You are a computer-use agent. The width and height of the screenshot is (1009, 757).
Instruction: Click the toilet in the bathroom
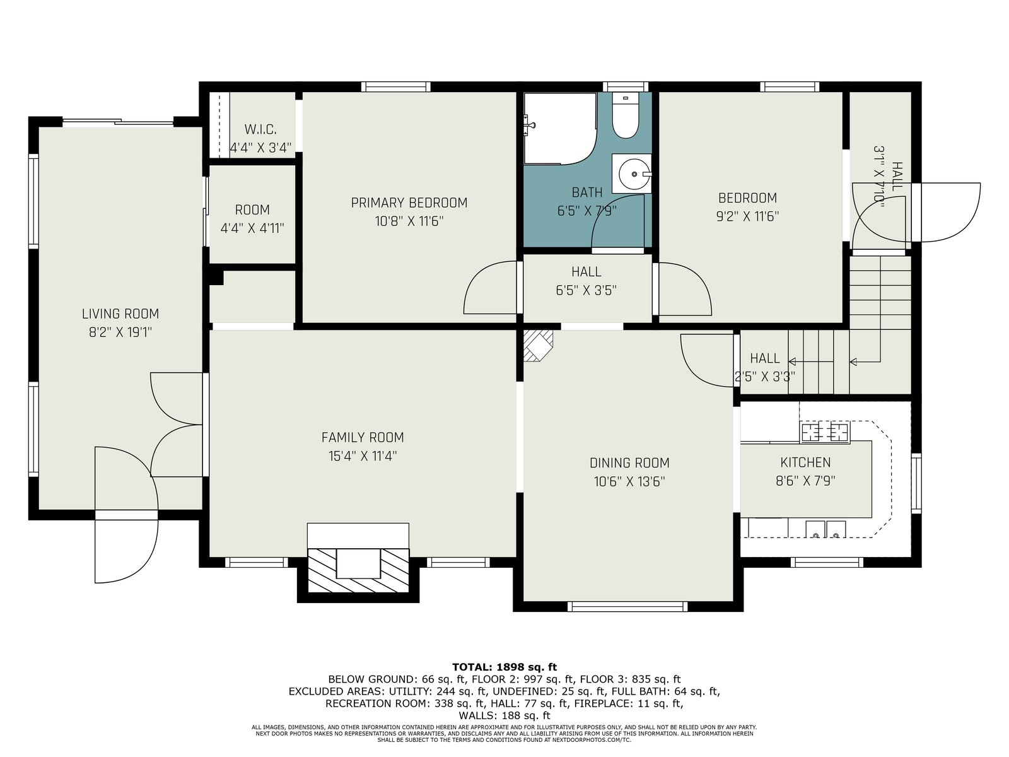[x=625, y=116]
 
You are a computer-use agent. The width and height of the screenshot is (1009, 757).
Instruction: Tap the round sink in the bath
[x=634, y=174]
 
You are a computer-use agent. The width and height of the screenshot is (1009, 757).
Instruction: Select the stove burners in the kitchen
[x=825, y=432]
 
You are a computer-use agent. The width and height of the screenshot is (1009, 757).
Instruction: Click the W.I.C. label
[x=260, y=129]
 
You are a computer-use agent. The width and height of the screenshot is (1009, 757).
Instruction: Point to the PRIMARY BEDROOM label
[x=409, y=202]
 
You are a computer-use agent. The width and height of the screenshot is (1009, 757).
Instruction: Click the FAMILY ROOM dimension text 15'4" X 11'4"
[x=363, y=456]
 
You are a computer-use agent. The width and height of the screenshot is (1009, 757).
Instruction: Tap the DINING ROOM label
[x=629, y=463]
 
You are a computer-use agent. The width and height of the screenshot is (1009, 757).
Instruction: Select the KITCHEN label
[x=805, y=462]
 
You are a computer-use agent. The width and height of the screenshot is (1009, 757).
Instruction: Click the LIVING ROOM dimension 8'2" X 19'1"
[x=120, y=332]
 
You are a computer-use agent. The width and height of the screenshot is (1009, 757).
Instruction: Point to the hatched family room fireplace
[x=358, y=570]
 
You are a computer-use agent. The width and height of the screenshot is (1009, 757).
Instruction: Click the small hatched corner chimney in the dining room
[x=538, y=346]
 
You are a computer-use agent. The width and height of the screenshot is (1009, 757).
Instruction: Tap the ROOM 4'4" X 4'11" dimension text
[x=252, y=228]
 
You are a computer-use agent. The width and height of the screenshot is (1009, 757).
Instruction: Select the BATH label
[x=587, y=192]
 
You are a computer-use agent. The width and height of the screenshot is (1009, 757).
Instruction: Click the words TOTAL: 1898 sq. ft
[x=504, y=667]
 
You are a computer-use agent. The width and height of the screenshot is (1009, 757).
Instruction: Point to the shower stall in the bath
[x=560, y=128]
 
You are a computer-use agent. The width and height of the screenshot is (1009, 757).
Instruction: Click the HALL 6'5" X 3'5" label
[x=586, y=281]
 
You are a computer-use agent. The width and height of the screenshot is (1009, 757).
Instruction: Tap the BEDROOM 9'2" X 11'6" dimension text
[x=747, y=216]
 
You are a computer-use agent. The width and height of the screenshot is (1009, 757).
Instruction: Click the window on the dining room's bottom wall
[x=627, y=606]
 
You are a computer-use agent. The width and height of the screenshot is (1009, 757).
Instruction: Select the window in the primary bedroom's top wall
[x=396, y=87]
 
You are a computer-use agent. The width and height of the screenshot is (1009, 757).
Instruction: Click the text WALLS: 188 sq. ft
[x=504, y=715]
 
